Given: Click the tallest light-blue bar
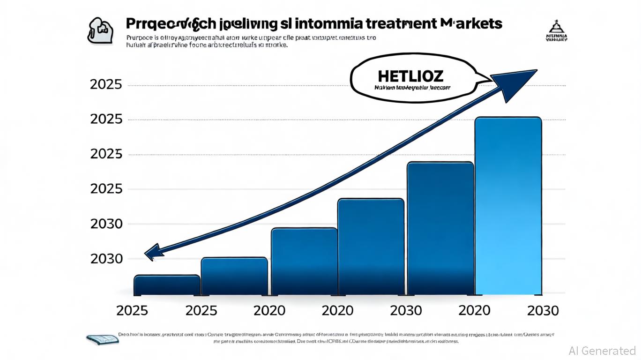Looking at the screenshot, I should click(508, 206).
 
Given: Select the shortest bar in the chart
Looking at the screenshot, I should click(167, 285).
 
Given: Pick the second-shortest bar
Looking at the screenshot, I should click(234, 277).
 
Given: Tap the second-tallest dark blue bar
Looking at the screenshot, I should click(440, 228).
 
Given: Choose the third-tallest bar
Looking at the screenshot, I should click(371, 247).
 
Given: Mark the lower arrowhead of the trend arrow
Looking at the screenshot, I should click(154, 253).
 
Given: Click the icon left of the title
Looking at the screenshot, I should click(100, 30).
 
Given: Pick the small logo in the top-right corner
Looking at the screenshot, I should click(557, 31).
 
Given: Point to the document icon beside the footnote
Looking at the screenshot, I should click(102, 339).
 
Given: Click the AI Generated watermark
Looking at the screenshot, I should click(602, 351).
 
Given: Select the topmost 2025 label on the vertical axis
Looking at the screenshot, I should click(106, 85).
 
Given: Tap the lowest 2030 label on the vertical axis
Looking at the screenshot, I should click(106, 259).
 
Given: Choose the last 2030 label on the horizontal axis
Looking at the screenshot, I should click(543, 310).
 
